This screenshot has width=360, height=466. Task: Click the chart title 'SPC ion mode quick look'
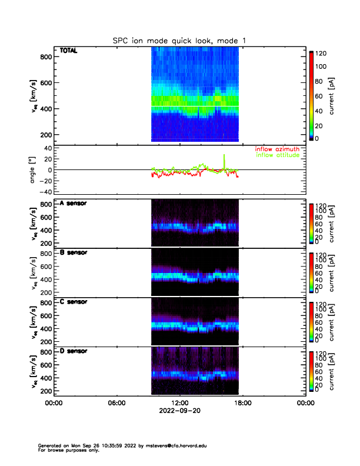[179, 40]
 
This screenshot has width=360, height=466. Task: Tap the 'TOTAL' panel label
[68, 51]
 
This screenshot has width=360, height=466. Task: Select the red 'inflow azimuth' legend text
[278, 149]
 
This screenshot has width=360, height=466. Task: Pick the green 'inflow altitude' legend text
[278, 155]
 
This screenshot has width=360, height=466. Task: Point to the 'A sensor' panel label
[74, 204]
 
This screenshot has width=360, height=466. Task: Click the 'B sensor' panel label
[74, 253]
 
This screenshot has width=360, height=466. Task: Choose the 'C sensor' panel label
[74, 302]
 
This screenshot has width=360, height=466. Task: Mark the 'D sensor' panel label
[74, 351]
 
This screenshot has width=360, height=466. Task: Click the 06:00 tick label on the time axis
[116, 404]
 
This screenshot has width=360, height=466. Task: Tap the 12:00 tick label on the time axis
[179, 404]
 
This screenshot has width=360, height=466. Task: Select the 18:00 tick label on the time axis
[242, 404]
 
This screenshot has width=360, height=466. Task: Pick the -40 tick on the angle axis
[44, 192]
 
